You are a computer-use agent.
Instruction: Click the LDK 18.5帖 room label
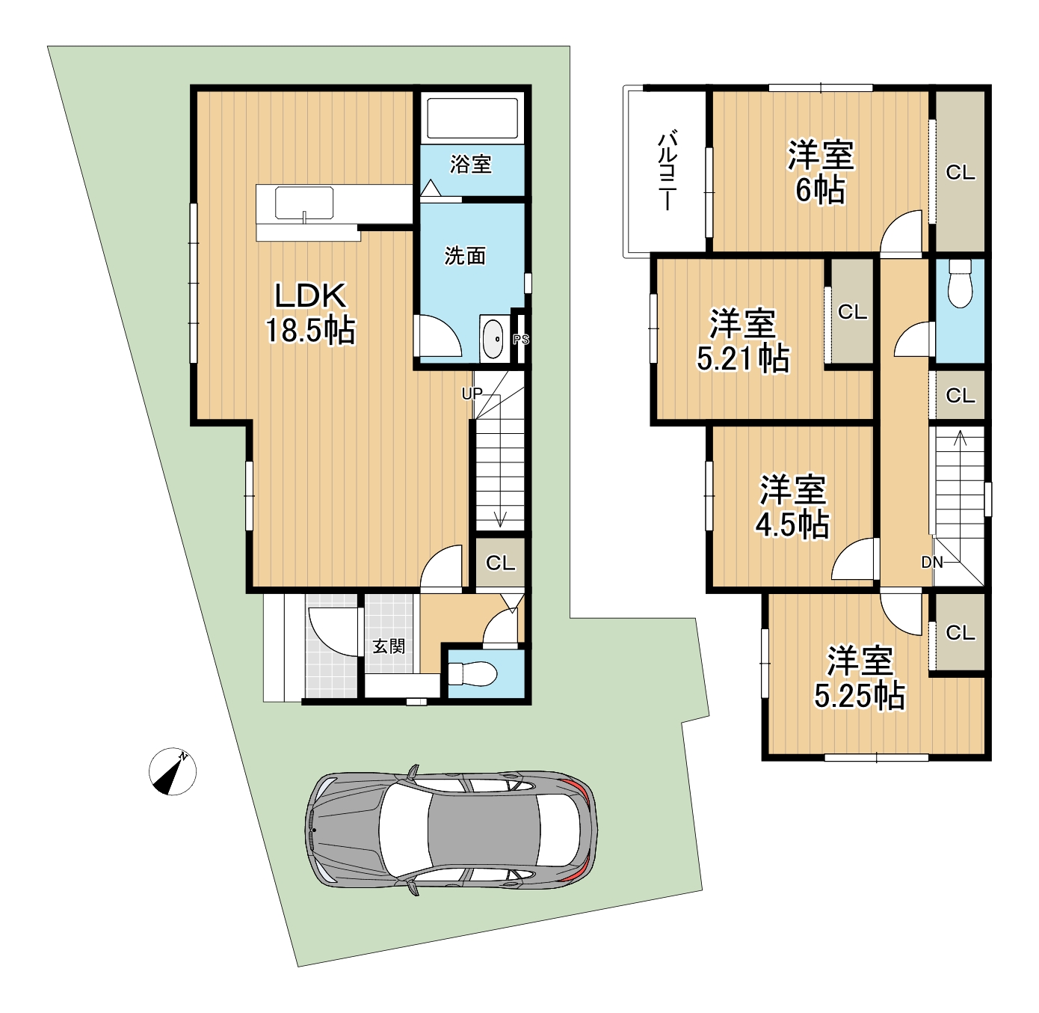311,313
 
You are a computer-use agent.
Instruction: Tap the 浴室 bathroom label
470,164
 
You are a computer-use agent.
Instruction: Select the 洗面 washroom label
465,256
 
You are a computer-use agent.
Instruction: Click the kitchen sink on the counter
303,203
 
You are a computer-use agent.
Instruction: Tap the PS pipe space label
521,339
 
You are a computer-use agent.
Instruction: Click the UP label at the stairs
472,394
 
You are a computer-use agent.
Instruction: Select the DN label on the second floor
931,562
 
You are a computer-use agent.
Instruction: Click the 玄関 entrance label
389,646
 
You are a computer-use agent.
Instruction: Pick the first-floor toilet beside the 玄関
472,674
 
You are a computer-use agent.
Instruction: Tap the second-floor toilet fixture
960,284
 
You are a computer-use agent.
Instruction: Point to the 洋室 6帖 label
821,173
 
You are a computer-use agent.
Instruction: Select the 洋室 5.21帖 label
743,340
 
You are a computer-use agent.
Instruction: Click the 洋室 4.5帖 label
793,506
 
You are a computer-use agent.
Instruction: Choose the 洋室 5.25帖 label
860,678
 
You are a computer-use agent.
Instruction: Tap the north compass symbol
173,771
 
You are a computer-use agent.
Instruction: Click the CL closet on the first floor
500,563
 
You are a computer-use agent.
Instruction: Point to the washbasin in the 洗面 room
493,339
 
